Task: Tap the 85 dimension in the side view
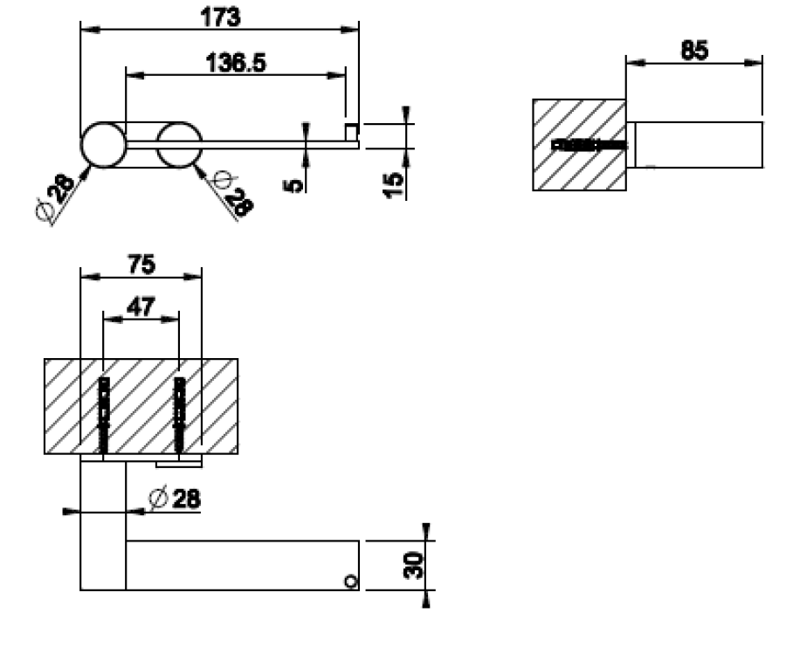(694, 50)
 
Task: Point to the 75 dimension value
(140, 265)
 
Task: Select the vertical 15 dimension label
(394, 183)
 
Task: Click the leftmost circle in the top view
(103, 144)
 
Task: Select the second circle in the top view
(179, 144)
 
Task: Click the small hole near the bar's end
(350, 581)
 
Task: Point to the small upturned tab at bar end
(351, 132)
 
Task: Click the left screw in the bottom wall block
(103, 414)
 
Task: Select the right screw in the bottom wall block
(179, 414)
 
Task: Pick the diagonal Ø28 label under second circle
(233, 194)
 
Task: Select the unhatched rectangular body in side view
(698, 144)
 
